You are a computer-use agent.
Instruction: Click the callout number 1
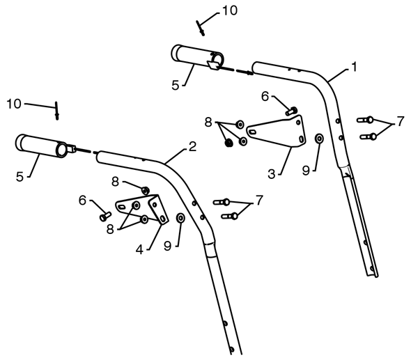354,67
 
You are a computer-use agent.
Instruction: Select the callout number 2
192,147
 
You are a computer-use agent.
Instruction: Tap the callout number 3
272,174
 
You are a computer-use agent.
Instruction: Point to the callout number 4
139,250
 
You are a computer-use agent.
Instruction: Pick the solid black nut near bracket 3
229,143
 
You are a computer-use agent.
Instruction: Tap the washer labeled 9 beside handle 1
319,139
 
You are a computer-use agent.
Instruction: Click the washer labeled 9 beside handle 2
180,218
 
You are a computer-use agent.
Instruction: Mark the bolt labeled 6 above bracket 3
291,111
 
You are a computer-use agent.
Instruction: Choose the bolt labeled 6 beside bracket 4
105,217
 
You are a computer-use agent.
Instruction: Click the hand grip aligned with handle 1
197,57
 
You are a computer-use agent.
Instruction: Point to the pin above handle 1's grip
201,29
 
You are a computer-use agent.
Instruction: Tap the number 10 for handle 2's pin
14,104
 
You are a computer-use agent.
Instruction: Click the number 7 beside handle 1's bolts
401,122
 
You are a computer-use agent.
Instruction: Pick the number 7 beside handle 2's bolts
259,201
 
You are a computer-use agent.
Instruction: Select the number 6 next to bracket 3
265,97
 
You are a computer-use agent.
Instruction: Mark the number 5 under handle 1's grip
176,86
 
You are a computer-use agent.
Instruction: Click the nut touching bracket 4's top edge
145,191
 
